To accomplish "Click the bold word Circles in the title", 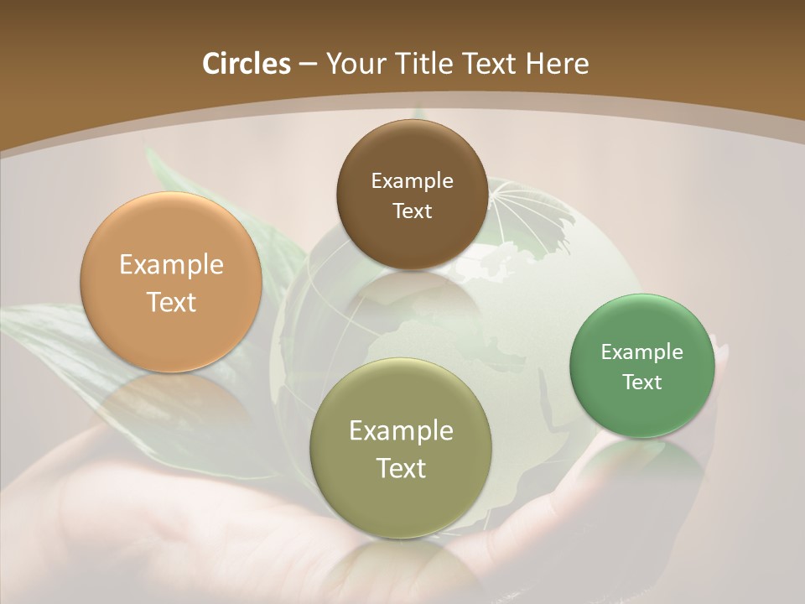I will (x=246, y=64).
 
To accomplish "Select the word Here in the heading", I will (x=557, y=64).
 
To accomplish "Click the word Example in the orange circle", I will (x=171, y=265).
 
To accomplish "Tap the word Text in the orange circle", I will (x=171, y=302).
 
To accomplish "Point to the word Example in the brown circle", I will (x=412, y=180).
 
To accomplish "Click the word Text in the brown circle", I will (x=412, y=211).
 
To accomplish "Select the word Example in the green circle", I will (x=641, y=351).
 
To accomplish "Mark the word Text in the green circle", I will (x=641, y=382).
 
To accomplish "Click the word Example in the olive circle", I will (x=401, y=430).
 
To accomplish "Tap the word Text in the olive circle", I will (x=401, y=468).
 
